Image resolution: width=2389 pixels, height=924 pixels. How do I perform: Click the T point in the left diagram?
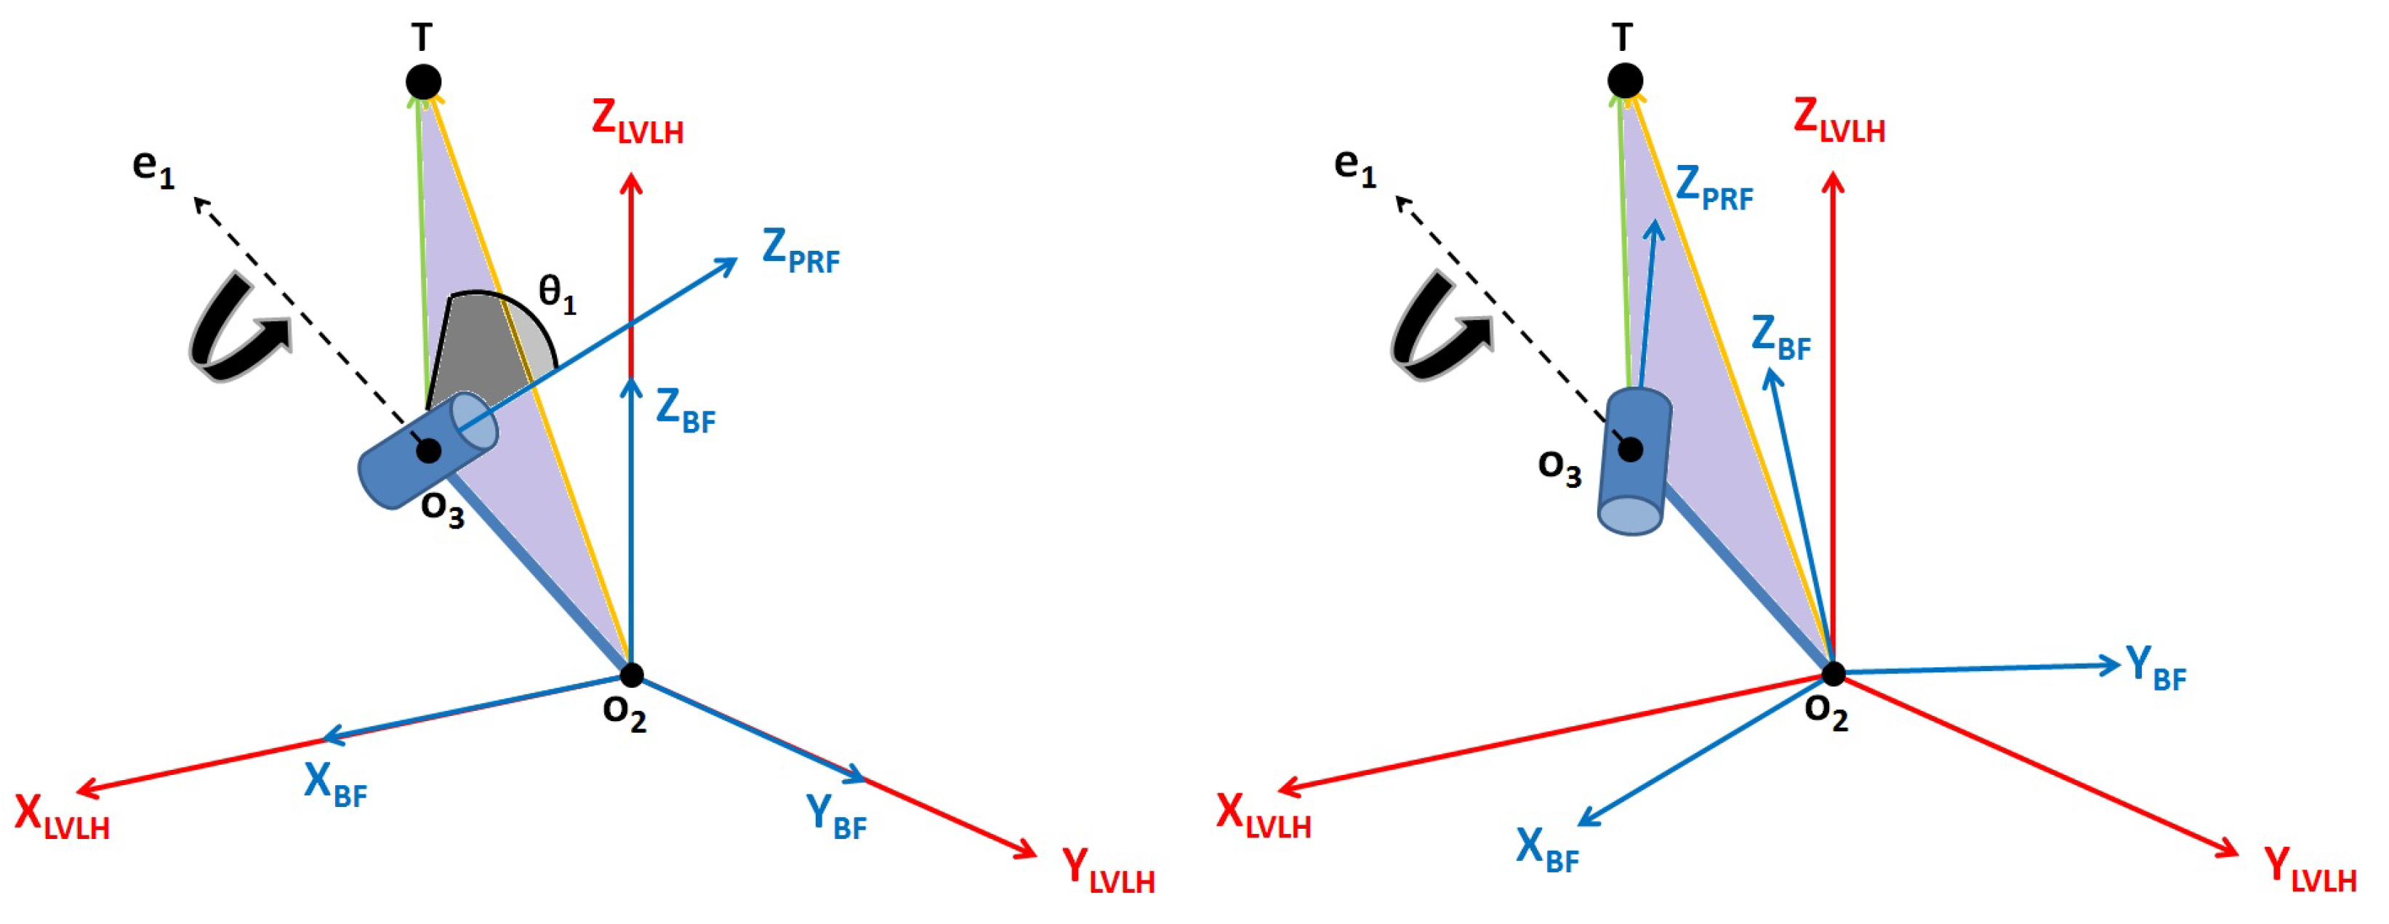coord(423,81)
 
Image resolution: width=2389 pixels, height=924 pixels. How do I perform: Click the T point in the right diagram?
coord(1625,81)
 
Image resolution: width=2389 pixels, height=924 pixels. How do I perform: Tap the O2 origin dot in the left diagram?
coord(632,675)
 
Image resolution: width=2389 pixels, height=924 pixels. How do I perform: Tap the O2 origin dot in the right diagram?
coord(1833,673)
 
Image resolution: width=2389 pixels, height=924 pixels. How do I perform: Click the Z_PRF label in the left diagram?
coord(800,252)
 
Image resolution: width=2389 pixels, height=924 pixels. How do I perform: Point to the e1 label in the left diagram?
coord(153,168)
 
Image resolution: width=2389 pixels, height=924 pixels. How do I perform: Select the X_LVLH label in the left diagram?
coord(61,817)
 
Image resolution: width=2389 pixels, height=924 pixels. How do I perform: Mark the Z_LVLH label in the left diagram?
coord(637,121)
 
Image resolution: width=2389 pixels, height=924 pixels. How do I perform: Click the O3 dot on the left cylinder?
coord(428,451)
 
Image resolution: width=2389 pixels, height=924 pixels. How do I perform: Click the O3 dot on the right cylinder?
coord(1631,450)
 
